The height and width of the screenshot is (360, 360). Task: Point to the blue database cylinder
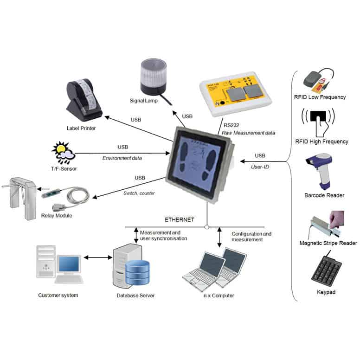(138, 273)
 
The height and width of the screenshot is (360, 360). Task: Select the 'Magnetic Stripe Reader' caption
(328, 243)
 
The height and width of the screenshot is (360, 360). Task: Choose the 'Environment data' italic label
(122, 158)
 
